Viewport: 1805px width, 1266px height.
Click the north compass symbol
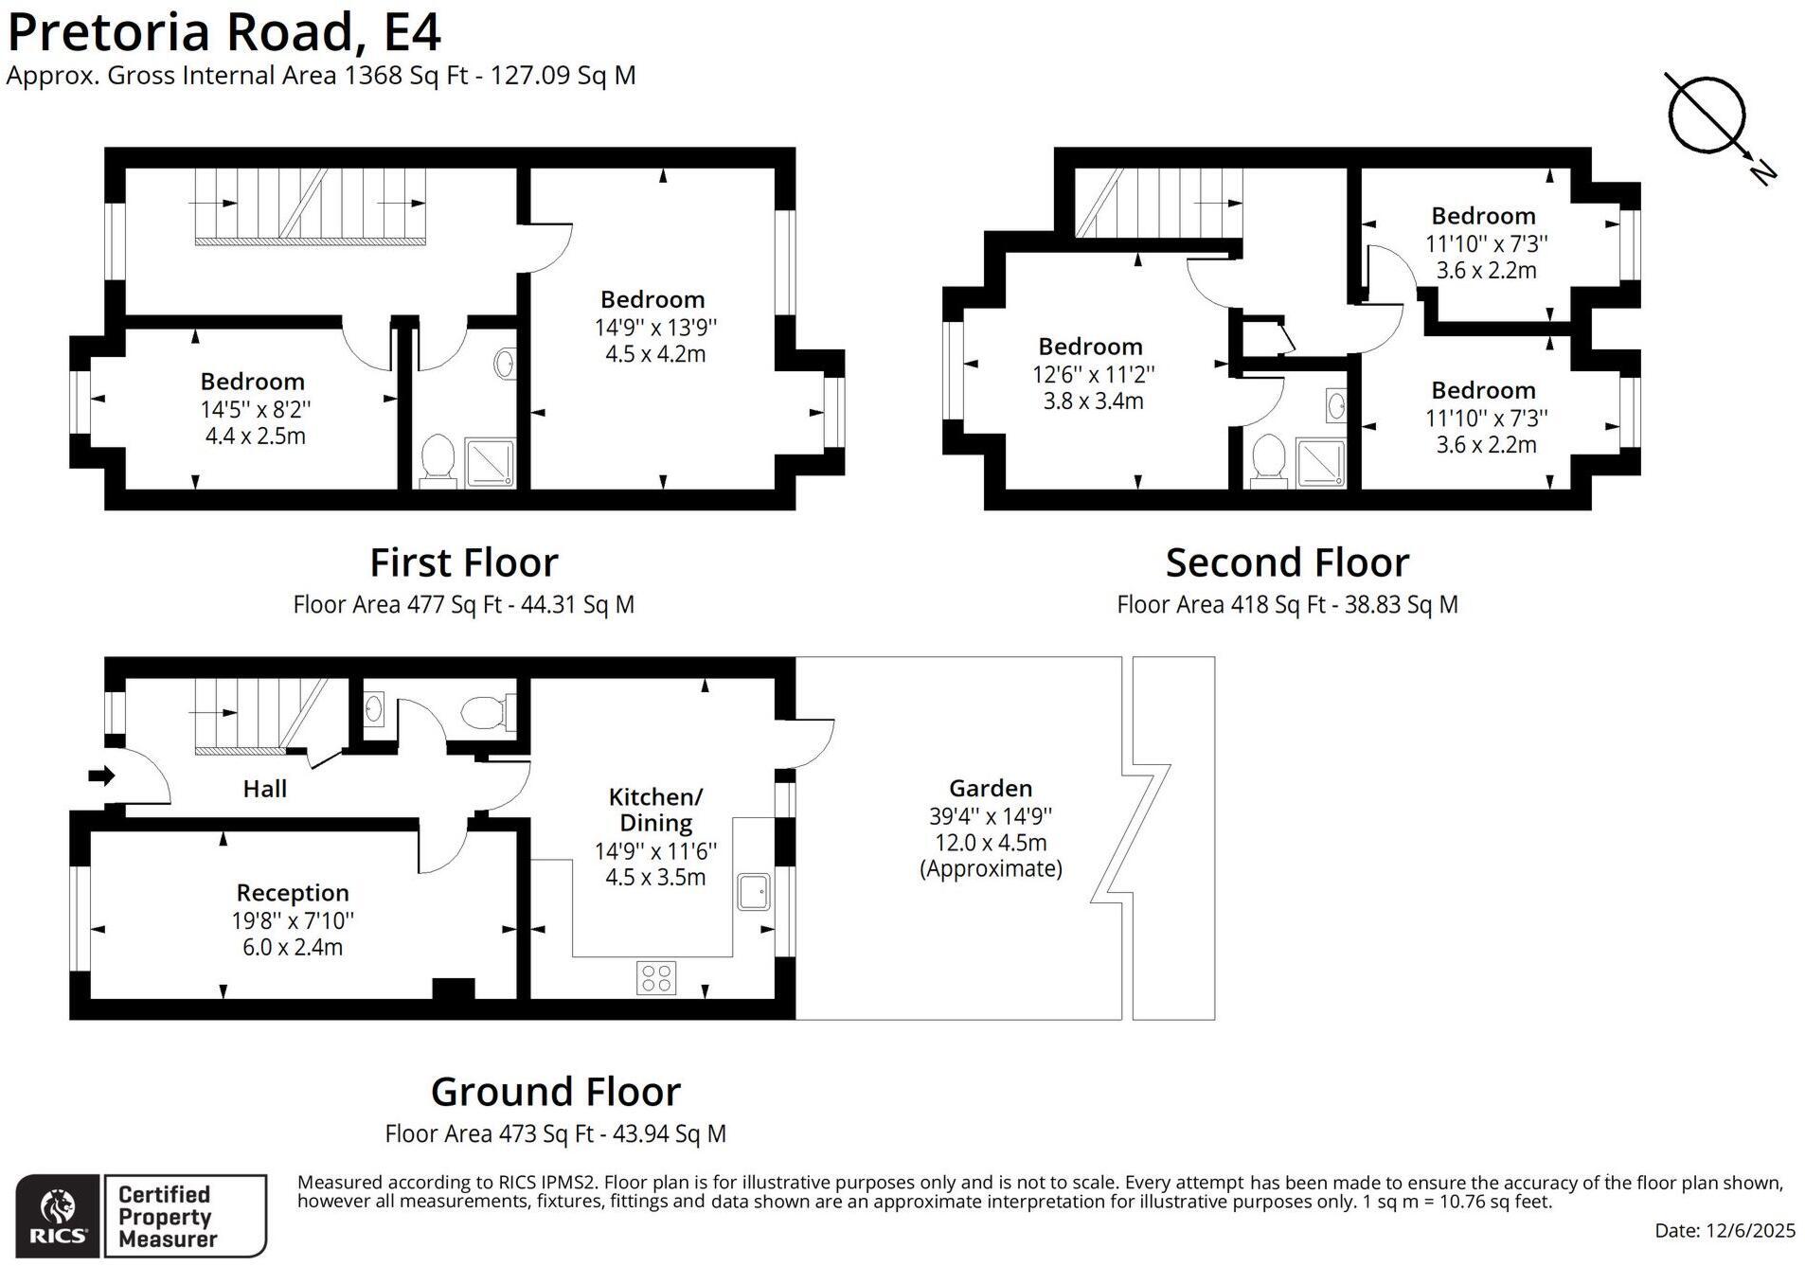tap(1706, 115)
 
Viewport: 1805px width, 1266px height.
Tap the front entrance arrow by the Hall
tap(101, 776)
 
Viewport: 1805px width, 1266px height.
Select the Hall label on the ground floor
tap(264, 788)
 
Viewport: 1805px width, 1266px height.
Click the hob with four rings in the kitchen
tap(656, 977)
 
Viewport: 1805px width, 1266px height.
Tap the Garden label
tap(991, 788)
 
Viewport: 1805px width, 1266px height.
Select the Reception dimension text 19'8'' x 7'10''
tap(293, 919)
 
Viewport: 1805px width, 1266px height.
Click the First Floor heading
tap(463, 562)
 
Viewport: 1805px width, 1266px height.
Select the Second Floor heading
tap(1287, 562)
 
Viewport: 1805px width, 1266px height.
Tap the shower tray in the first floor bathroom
tap(491, 463)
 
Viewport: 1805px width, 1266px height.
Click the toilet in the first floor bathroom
tap(438, 459)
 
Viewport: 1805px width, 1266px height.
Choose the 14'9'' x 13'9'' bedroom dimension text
tap(655, 328)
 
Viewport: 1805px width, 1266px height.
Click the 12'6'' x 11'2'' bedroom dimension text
tap(1094, 374)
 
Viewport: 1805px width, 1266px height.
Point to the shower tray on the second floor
tap(1320, 463)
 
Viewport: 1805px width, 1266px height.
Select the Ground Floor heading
tap(556, 1092)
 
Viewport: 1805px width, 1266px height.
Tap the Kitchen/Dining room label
tap(655, 810)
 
